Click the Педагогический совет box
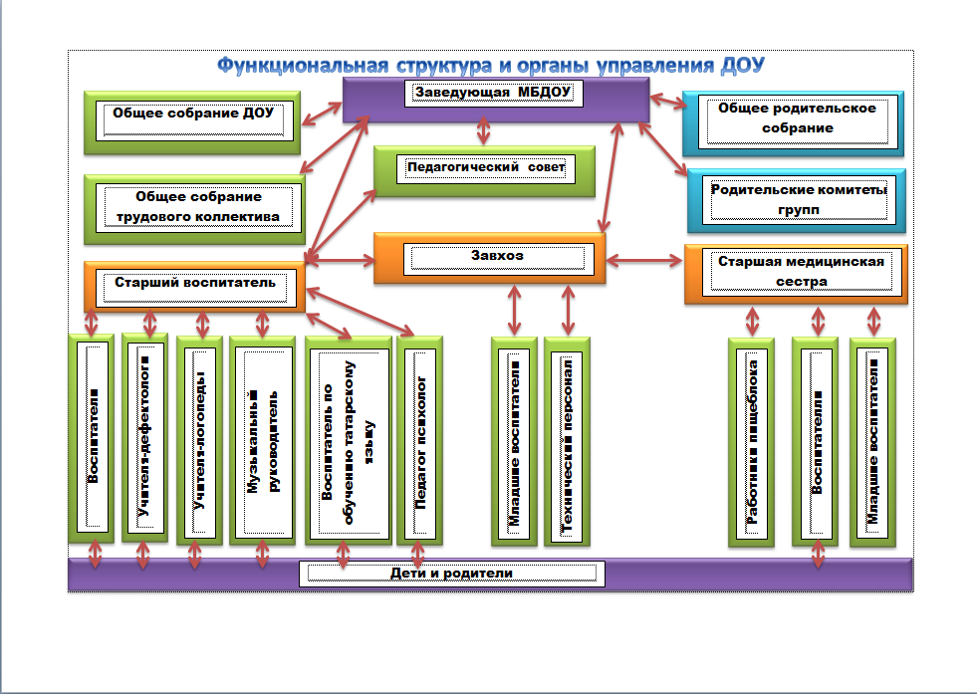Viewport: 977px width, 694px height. pyautogui.click(x=485, y=170)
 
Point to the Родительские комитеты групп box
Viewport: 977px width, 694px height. pyautogui.click(x=797, y=198)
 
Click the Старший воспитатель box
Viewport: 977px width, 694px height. pyautogui.click(x=194, y=286)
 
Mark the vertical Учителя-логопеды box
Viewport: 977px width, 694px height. pyautogui.click(x=199, y=440)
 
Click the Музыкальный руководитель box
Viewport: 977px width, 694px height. pyautogui.click(x=263, y=440)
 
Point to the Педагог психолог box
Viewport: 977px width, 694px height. pyautogui.click(x=419, y=440)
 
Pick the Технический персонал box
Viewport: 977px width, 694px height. pyautogui.click(x=567, y=442)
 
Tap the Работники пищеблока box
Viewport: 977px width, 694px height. pyautogui.click(x=752, y=443)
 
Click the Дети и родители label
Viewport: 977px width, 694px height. pyautogui.click(x=453, y=574)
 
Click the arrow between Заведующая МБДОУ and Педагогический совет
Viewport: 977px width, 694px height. pyautogui.click(x=485, y=131)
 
